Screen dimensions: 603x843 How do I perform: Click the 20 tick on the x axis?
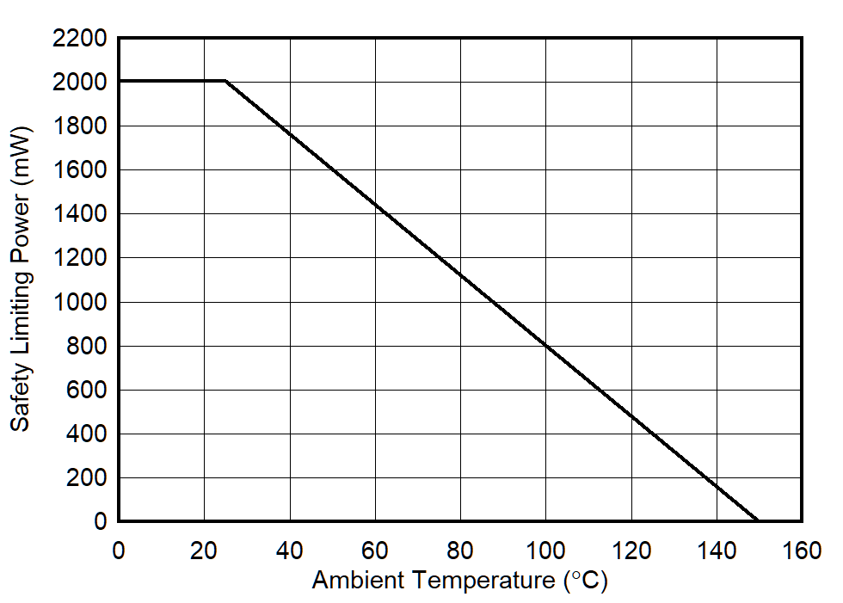(x=204, y=551)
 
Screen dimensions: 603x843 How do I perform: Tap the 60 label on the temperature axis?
(x=375, y=551)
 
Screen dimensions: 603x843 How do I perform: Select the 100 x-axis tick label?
(x=545, y=551)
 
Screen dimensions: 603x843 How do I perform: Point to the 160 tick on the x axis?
(x=802, y=551)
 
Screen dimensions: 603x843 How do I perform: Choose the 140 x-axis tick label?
(x=717, y=551)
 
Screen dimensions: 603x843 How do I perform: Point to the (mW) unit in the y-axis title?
(x=21, y=153)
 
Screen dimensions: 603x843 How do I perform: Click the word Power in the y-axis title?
(x=21, y=228)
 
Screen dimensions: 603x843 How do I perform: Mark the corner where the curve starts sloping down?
(x=225, y=81)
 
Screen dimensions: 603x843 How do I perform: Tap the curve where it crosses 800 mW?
(x=545, y=346)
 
